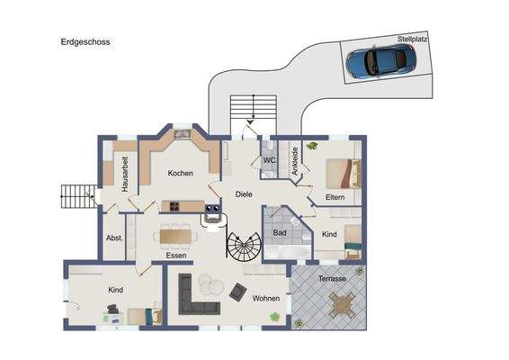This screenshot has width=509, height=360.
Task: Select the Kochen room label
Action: [181, 173]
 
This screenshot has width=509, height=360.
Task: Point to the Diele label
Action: [244, 193]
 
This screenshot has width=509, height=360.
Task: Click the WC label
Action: [268, 160]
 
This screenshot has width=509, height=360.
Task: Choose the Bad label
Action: [280, 232]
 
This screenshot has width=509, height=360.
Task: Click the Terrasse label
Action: [333, 279]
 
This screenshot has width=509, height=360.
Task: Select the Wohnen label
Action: [265, 298]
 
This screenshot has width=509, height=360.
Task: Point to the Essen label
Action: [176, 256]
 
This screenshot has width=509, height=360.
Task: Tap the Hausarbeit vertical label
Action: [125, 174]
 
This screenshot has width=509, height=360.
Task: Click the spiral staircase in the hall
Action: [243, 247]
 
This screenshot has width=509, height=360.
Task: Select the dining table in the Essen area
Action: [175, 237]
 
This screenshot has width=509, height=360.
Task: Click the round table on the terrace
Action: [341, 307]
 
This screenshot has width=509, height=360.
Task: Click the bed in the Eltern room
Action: [344, 170]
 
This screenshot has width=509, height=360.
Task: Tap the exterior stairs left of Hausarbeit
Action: [77, 193]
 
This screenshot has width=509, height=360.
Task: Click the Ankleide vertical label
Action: [294, 160]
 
